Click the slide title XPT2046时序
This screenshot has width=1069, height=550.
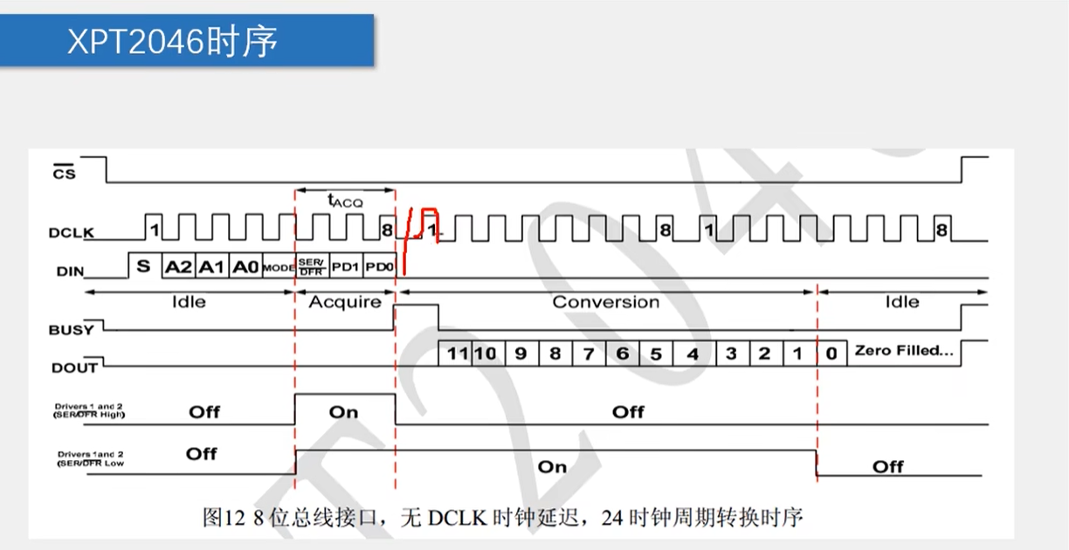[173, 41]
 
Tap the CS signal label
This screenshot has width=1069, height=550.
[65, 173]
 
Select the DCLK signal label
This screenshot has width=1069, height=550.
[72, 233]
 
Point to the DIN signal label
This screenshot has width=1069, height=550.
[70, 272]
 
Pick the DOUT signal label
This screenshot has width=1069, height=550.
[74, 368]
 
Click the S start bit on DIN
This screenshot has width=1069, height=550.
[144, 266]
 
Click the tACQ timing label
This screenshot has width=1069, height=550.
[344, 200]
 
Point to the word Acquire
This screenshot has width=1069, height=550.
[345, 302]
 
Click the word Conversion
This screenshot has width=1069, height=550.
[605, 302]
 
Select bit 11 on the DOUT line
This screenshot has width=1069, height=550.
[457, 354]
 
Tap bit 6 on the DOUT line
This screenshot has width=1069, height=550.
[622, 354]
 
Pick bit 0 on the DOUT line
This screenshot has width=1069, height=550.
[831, 354]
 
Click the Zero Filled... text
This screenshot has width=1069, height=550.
[903, 351]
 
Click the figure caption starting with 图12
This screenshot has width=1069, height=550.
[502, 518]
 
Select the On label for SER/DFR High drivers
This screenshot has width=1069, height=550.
[344, 412]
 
